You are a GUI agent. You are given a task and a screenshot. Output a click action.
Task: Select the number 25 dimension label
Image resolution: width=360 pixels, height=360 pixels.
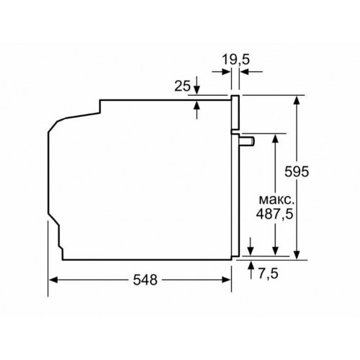183,86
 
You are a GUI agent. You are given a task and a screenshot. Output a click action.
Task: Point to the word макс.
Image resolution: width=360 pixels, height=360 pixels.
276,198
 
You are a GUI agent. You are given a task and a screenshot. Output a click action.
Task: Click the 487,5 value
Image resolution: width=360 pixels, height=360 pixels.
275,215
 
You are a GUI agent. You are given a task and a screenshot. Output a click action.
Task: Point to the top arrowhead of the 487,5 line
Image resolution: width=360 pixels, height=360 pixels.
275,138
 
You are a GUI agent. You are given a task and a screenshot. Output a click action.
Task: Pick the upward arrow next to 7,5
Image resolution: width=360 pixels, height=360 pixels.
250,267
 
